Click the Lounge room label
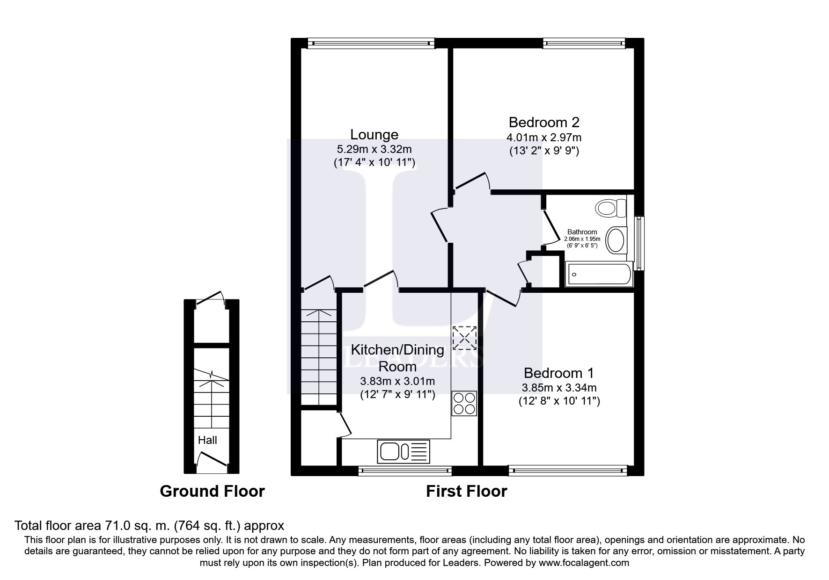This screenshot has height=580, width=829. click(374, 135)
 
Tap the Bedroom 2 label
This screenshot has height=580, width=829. click(543, 123)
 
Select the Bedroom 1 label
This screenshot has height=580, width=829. click(558, 373)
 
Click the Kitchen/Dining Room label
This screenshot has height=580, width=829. click(397, 358)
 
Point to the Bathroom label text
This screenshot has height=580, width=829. click(582, 232)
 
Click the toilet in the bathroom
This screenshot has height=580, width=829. click(611, 207)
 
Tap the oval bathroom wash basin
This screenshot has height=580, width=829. click(616, 240)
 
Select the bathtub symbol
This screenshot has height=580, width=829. click(599, 275)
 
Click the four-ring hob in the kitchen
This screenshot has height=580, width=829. click(464, 403)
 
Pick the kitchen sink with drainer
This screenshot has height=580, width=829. click(403, 451)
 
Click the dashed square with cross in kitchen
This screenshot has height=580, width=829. click(464, 338)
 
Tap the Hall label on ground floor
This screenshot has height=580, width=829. click(207, 440)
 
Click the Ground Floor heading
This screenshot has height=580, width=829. click(212, 491)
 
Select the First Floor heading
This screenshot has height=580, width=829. click(466, 491)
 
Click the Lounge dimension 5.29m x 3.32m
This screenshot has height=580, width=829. click(374, 150)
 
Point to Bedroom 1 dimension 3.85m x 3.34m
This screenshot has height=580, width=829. click(559, 388)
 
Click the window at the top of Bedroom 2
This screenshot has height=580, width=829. click(584, 43)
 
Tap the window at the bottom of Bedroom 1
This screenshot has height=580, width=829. click(567, 471)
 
